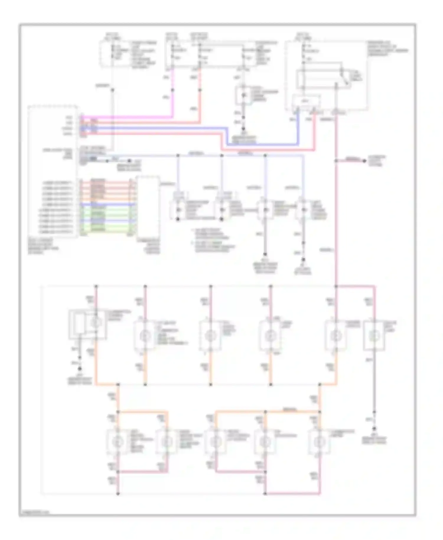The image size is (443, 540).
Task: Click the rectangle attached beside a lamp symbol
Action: click(x=77, y=324)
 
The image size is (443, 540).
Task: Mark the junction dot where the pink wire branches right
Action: click(x=336, y=161)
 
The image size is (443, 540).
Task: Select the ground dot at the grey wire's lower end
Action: click(x=374, y=428)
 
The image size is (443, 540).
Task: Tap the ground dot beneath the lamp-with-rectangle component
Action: click(x=79, y=369)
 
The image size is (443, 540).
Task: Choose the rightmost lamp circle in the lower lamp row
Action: click(x=319, y=442)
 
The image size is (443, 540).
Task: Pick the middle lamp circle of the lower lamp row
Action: click(x=215, y=442)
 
